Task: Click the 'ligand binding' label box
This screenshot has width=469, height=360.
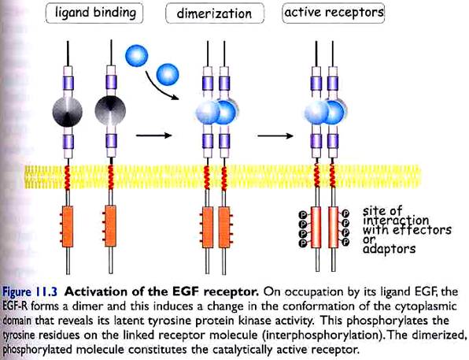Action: (x=94, y=13)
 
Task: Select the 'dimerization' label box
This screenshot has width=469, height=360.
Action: (x=215, y=13)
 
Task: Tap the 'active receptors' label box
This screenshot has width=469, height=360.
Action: (x=333, y=13)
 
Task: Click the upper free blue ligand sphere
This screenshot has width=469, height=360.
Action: (x=136, y=56)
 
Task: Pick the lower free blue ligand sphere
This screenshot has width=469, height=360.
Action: (x=168, y=75)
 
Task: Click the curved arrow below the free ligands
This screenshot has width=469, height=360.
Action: (x=158, y=89)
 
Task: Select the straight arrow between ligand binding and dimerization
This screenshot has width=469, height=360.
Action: (x=154, y=135)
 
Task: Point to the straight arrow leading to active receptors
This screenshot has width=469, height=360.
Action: (x=275, y=135)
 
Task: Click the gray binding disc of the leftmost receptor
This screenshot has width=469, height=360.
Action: (x=68, y=112)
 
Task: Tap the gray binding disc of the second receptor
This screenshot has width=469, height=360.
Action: (x=110, y=110)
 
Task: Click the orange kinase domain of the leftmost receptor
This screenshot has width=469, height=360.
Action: (x=68, y=226)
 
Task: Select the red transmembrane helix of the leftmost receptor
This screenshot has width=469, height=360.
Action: (x=68, y=177)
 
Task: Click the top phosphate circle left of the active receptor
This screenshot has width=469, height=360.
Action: (x=303, y=215)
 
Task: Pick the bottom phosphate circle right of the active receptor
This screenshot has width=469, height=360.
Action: (x=345, y=242)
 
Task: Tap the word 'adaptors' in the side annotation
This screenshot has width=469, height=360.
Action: (x=390, y=249)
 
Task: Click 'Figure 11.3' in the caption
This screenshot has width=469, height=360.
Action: (x=30, y=292)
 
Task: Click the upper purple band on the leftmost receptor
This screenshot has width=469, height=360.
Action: (x=68, y=83)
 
